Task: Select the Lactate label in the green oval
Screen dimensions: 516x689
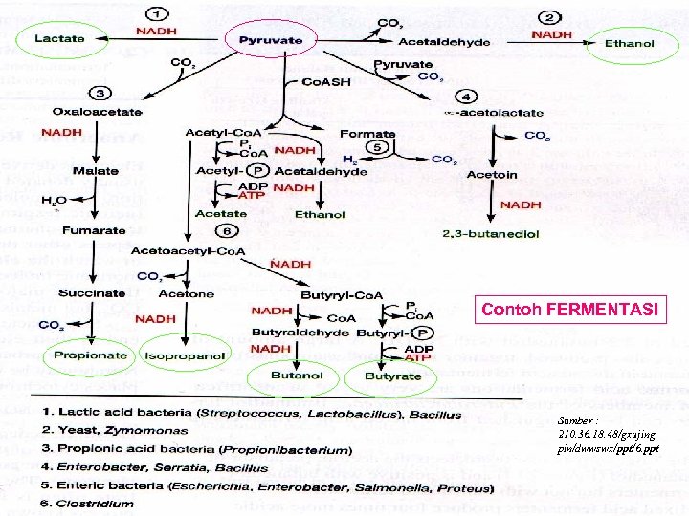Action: click(60, 39)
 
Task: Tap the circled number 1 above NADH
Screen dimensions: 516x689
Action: click(157, 15)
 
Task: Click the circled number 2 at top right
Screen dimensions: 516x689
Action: click(577, 16)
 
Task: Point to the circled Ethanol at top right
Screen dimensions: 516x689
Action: click(630, 42)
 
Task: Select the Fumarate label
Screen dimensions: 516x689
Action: click(95, 229)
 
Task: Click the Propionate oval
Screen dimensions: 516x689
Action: click(91, 355)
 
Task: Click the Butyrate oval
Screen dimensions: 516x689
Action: click(392, 376)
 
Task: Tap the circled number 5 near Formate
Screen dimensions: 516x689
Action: click(377, 147)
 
